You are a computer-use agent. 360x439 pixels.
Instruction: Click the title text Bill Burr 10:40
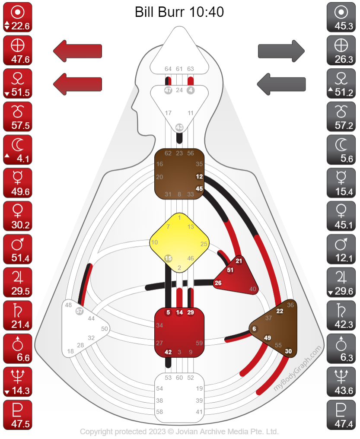(x=179, y=12)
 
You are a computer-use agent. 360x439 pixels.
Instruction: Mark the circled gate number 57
(x=80, y=311)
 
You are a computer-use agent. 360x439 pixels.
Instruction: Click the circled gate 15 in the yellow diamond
(x=169, y=258)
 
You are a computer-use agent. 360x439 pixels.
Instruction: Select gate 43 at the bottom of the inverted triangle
(x=179, y=127)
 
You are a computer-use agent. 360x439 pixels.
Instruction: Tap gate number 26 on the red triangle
(x=218, y=283)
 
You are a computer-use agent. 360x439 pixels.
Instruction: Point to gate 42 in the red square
(x=169, y=352)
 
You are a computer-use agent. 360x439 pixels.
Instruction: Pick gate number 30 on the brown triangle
(x=288, y=351)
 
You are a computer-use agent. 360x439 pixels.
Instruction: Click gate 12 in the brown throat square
(x=199, y=177)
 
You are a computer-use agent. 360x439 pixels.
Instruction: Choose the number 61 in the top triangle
(x=179, y=69)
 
